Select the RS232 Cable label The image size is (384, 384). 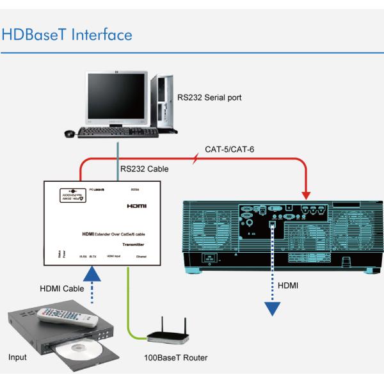[144, 170]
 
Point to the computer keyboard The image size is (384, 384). [118, 132]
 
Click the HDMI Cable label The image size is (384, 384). [61, 289]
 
